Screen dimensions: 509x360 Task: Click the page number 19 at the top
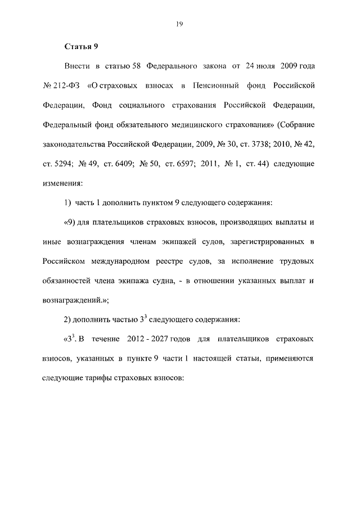pos(180,24)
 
